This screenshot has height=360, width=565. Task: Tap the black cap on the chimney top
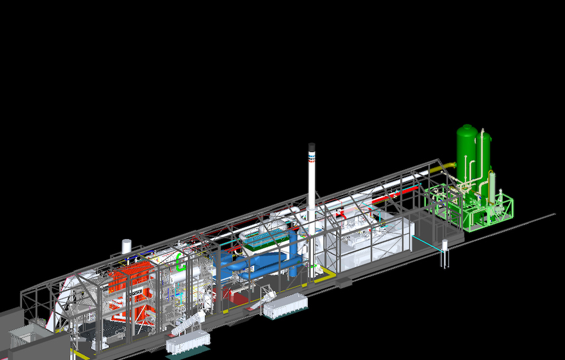[311, 146]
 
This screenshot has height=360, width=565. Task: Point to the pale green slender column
[492, 186]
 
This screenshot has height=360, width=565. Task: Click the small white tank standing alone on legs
[445, 246]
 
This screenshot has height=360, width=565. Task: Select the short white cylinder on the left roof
[127, 246]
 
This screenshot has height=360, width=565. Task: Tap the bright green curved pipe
[181, 261]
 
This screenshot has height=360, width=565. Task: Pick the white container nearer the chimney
[286, 306]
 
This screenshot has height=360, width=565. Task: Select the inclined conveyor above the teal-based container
[186, 324]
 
